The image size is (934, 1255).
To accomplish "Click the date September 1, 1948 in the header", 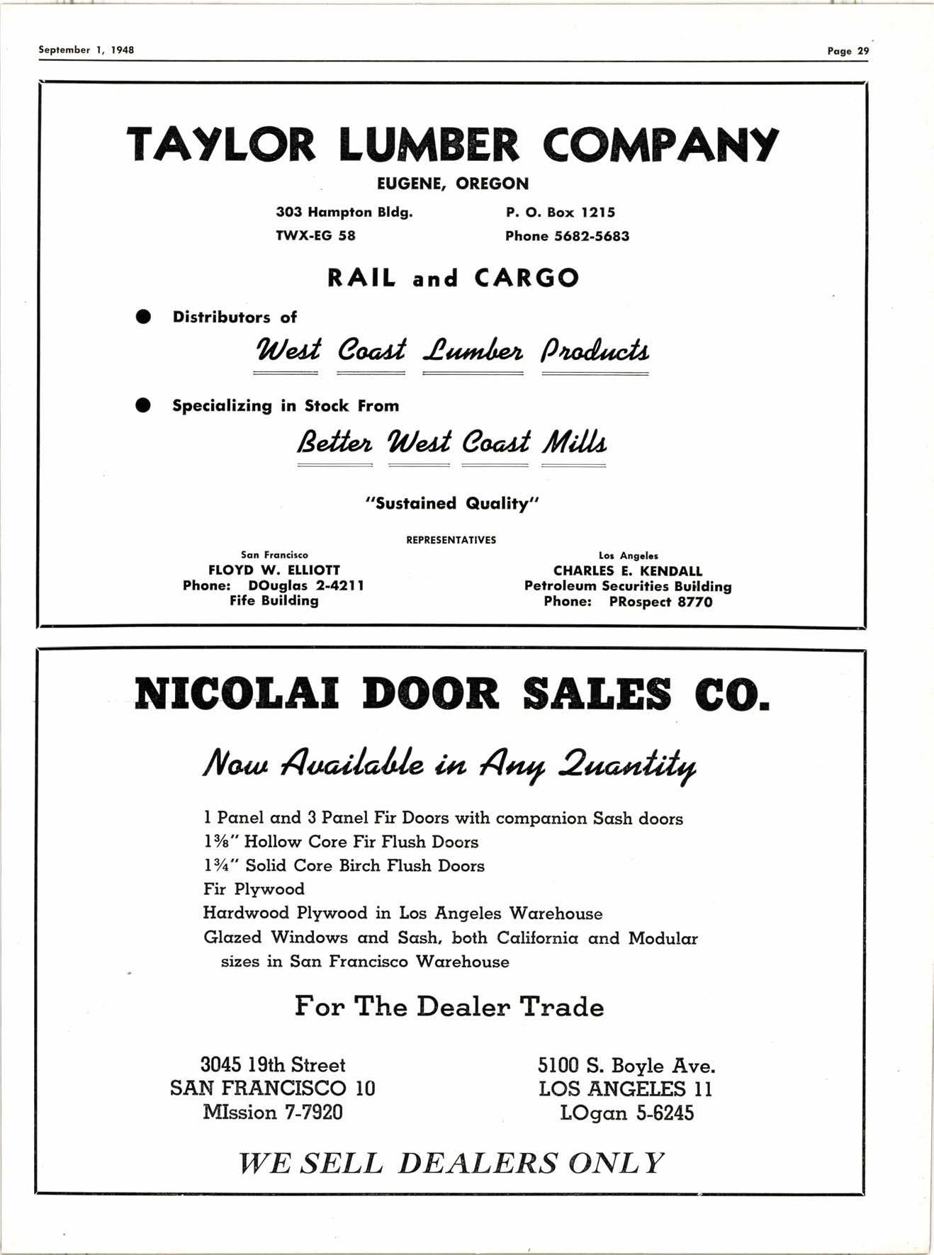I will click(86, 50).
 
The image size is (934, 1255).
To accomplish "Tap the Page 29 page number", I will click(848, 51).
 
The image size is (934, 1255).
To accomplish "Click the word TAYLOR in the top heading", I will click(220, 145).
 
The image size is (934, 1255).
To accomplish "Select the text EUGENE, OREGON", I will click(452, 184).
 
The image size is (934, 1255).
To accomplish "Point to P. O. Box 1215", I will click(560, 213).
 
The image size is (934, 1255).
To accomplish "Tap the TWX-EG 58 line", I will click(315, 236).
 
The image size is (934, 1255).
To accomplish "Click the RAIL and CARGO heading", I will click(453, 278).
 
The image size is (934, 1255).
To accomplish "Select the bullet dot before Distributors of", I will click(144, 317).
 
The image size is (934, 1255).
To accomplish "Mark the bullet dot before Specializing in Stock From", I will click(144, 405).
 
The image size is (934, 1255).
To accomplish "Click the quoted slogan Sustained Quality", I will click(452, 504).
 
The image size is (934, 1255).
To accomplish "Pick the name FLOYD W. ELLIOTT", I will click(274, 570).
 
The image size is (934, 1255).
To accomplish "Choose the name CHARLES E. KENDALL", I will click(628, 571).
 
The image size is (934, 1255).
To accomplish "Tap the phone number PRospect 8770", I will click(660, 602).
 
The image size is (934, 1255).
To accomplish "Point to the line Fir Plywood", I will click(254, 889).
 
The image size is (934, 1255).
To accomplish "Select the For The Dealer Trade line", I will click(449, 1006).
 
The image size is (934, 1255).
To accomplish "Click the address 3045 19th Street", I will click(273, 1065).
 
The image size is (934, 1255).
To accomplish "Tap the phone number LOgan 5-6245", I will click(626, 1113).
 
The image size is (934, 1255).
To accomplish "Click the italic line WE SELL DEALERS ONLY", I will click(451, 1164).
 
